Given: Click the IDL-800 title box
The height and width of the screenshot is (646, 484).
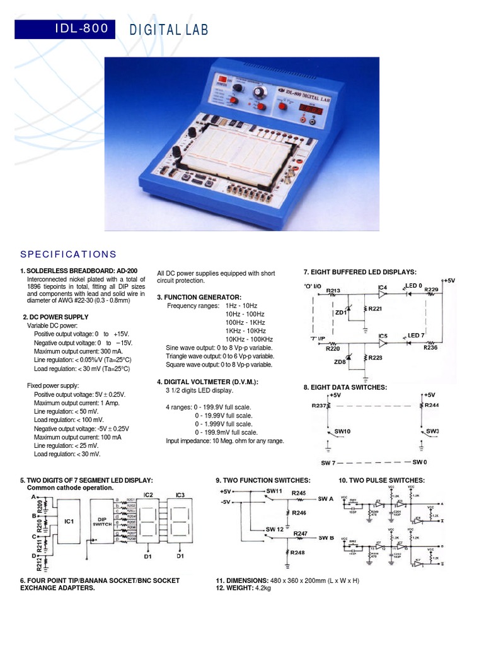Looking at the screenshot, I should tap(65, 28).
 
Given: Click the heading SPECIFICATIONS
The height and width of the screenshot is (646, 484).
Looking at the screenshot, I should tap(68, 254).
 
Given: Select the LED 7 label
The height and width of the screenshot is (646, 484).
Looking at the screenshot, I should tap(417, 335).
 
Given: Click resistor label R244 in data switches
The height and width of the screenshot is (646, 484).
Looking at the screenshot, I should tap(432, 406).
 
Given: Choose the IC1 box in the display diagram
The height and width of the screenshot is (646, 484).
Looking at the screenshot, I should tap(69, 521).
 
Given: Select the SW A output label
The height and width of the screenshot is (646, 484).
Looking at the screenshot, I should tap(326, 498).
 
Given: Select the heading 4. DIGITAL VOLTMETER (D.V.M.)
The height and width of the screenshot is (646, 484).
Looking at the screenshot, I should tap(208, 382).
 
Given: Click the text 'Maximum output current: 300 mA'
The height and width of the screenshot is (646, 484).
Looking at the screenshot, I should tap(78, 351).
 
